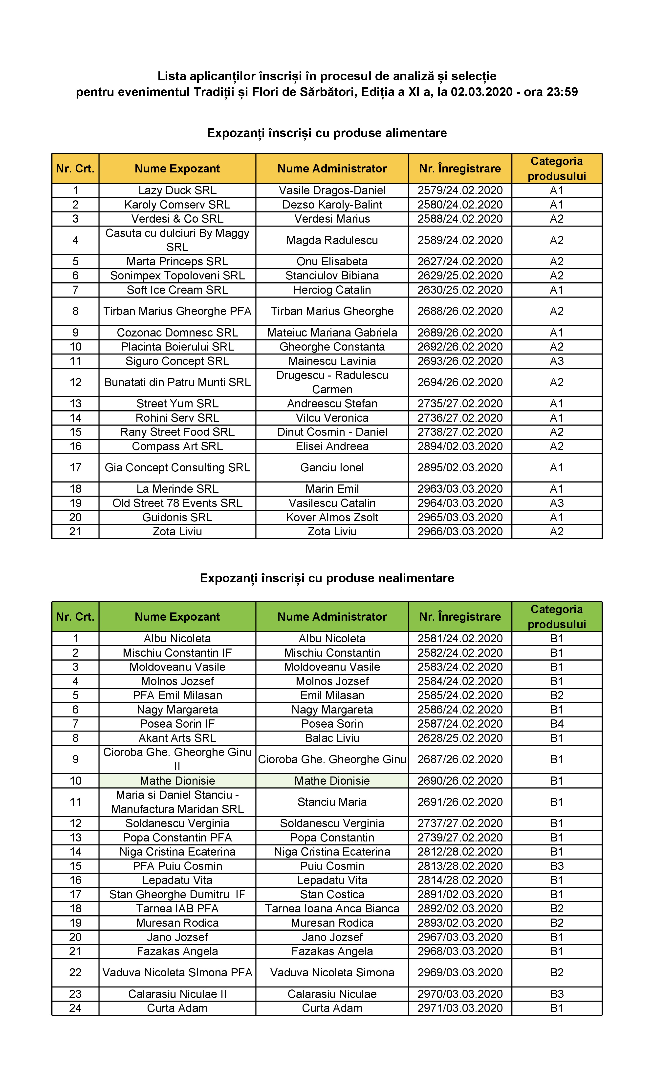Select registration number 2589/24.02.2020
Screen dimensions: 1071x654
point(460,240)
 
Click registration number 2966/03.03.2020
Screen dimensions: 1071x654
point(460,532)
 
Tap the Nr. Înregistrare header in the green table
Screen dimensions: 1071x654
point(460,617)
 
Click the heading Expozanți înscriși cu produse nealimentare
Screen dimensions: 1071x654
point(327,578)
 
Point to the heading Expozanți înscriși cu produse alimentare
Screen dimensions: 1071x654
point(327,133)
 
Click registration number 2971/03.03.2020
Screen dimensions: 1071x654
point(460,1008)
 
